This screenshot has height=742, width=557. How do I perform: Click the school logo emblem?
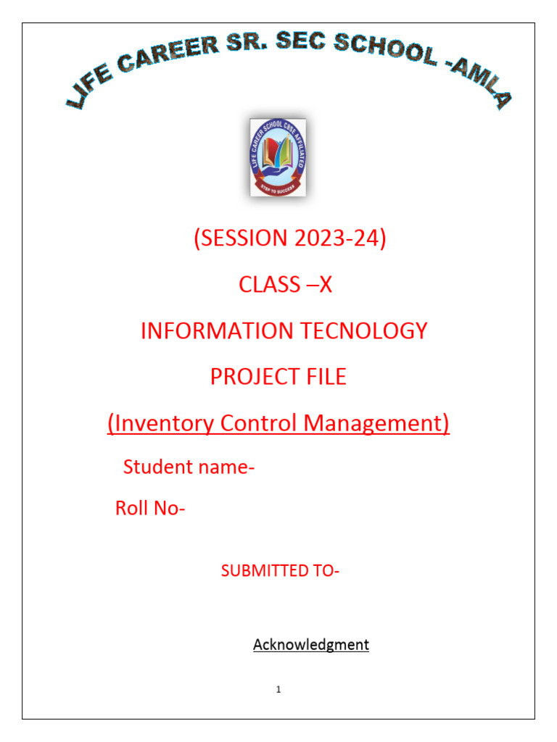coord(278,157)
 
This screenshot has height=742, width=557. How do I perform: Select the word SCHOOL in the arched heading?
coord(380,47)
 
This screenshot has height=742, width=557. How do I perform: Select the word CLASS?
coord(268,285)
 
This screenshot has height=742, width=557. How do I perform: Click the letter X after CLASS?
coord(325,285)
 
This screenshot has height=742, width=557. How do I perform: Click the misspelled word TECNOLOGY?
coord(365,330)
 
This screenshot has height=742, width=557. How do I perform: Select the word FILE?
coord(323,376)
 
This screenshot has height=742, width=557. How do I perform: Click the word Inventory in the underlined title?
coord(162,422)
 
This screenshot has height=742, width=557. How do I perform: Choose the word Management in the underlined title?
coord(376,422)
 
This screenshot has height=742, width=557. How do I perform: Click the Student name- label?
coord(189,467)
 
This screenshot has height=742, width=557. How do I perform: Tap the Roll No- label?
coord(150,509)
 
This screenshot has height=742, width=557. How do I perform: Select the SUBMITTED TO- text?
coord(280,571)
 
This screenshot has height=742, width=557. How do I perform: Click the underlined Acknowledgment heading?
coord(310,644)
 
